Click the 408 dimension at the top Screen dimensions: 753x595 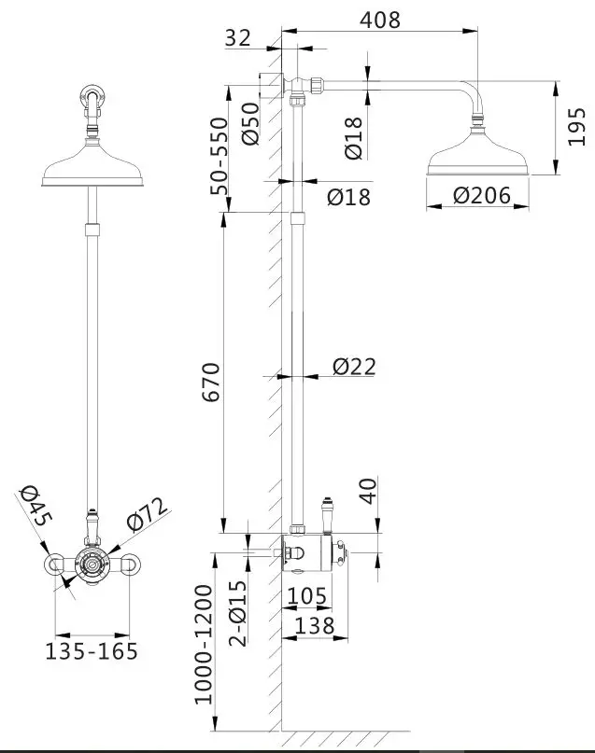point(381,19)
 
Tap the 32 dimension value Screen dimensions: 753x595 point(238,37)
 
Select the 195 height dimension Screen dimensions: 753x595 point(576,129)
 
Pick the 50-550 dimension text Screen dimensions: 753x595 point(219,155)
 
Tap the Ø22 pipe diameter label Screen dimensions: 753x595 point(354,367)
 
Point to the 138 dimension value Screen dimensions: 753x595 point(315,626)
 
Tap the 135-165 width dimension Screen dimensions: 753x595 point(92,650)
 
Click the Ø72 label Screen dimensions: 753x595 point(146,514)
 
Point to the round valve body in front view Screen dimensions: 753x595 point(92,563)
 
